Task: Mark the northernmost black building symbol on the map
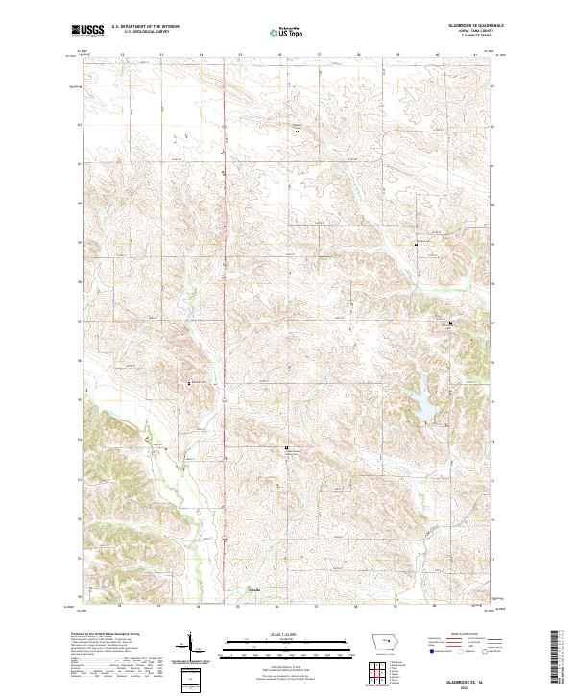[x=296, y=129]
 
